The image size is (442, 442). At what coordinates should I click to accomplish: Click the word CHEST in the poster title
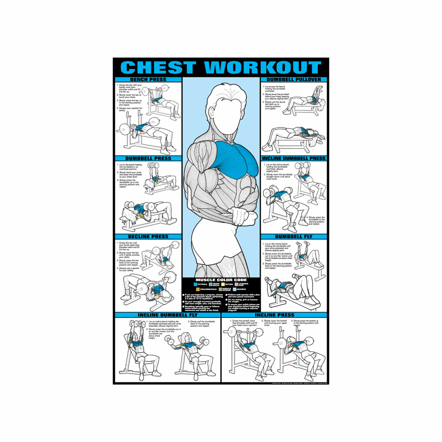pyautogui.click(x=157, y=68)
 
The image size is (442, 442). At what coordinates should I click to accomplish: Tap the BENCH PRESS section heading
pyautogui.click(x=148, y=80)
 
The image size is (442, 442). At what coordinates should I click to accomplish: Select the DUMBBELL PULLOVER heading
pyautogui.click(x=294, y=80)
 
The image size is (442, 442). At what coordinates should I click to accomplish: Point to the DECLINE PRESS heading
pyautogui.click(x=148, y=237)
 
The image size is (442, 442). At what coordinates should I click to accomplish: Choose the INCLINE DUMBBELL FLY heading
pyautogui.click(x=167, y=315)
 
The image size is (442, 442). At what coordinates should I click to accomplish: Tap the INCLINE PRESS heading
pyautogui.click(x=275, y=315)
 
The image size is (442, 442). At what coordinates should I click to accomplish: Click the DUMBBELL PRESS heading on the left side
pyautogui.click(x=148, y=159)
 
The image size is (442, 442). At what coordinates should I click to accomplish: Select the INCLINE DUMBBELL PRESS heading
pyautogui.click(x=294, y=159)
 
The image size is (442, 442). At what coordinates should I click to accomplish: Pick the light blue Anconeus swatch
pyautogui.click(x=236, y=289)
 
